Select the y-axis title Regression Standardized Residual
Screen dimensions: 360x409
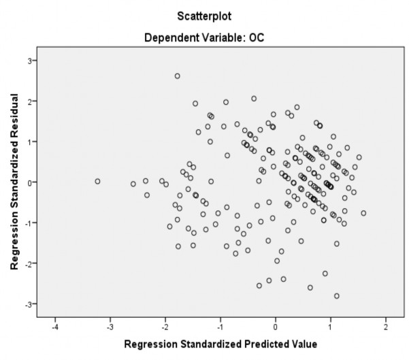click(14, 182)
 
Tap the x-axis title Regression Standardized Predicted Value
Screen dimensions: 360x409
click(220, 344)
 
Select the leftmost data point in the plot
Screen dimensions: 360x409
click(97, 182)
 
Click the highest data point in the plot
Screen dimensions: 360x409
click(177, 76)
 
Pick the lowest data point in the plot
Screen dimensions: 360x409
click(336, 296)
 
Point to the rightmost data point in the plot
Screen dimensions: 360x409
click(363, 213)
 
